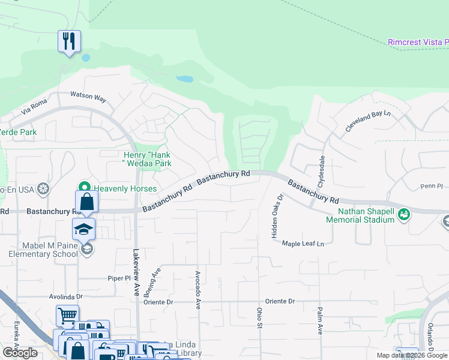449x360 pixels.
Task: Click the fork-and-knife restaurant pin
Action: [x=69, y=41]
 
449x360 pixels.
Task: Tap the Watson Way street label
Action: [x=88, y=96]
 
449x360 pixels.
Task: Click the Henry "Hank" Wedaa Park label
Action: [x=143, y=159]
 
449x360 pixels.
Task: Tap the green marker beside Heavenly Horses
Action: [x=85, y=188]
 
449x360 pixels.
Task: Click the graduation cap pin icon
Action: [x=84, y=229]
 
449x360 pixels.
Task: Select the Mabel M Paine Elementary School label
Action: [x=43, y=249]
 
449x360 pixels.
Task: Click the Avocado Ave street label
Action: [x=197, y=289]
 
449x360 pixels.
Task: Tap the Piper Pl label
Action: [x=119, y=278]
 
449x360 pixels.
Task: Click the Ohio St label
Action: [x=260, y=318]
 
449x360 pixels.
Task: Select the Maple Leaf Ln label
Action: [x=303, y=244]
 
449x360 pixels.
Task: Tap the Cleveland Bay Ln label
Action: [x=367, y=122]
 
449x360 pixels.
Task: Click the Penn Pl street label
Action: [x=431, y=187]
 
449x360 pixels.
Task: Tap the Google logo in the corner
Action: [x=20, y=353]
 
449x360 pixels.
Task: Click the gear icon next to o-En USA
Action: [x=42, y=189]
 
